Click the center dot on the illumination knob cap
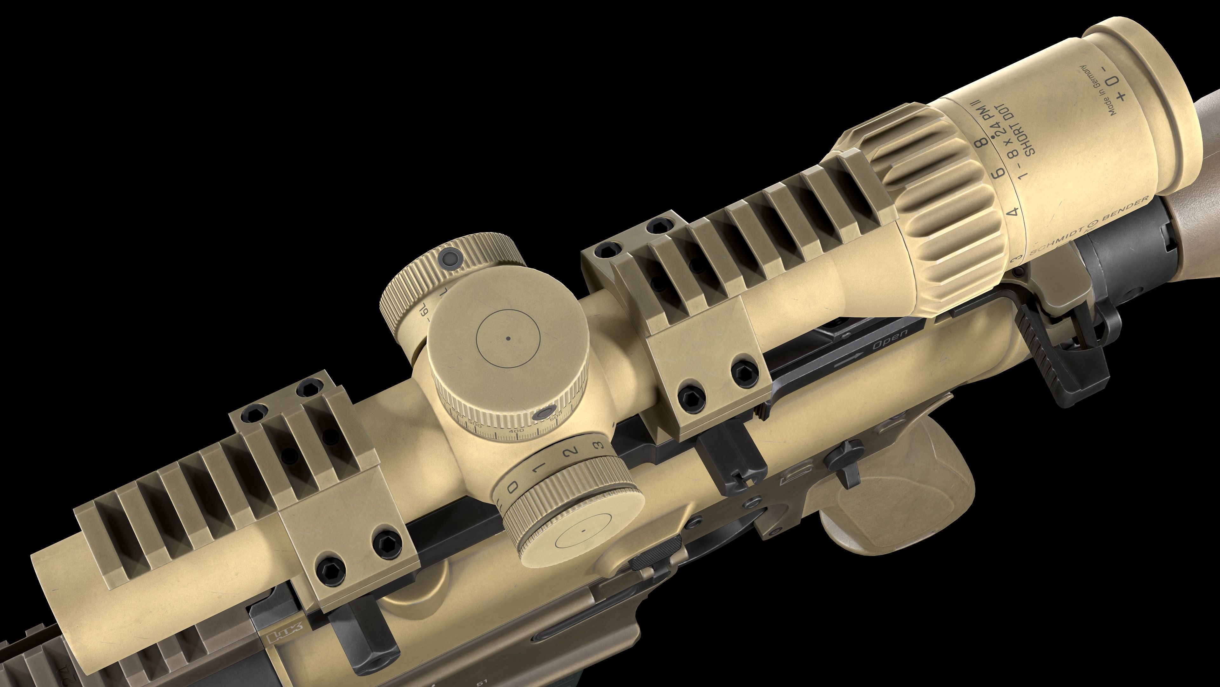[584, 531]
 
